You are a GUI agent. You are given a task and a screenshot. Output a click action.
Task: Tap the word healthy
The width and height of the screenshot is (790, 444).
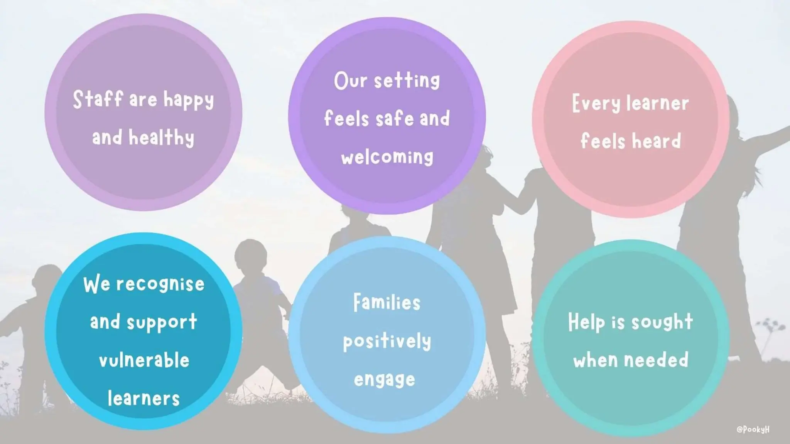tap(161, 138)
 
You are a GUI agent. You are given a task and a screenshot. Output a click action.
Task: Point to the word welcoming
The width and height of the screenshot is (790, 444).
tap(387, 157)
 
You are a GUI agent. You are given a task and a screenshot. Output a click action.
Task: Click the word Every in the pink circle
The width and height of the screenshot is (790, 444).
tap(596, 104)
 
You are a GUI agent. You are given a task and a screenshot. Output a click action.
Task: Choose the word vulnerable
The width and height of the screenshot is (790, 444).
tap(144, 360)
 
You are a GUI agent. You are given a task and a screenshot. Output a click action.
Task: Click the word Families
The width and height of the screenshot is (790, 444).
tap(387, 303)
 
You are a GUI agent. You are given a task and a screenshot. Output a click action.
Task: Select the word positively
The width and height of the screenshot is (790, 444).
tap(387, 341)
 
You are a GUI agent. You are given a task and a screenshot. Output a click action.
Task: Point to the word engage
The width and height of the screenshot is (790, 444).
tap(385, 380)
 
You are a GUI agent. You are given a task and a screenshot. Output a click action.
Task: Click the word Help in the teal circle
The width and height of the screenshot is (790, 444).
tap(586, 322)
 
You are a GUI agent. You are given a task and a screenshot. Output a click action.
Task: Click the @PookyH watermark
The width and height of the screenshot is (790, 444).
tap(753, 429)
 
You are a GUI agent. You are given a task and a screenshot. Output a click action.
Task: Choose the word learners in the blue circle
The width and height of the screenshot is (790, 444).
tap(143, 398)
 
